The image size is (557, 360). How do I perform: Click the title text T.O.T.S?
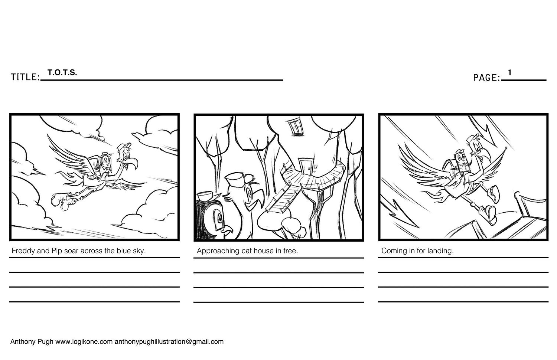[x=62, y=72]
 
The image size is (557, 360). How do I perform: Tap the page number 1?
[x=509, y=72]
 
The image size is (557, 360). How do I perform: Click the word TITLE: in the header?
[x=25, y=77]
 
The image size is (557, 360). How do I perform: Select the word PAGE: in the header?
[x=486, y=78]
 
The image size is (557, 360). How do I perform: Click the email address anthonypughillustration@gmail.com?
[x=169, y=342]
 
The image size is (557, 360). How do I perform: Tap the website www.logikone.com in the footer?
[x=84, y=342]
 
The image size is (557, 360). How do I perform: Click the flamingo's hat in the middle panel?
[x=239, y=179]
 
